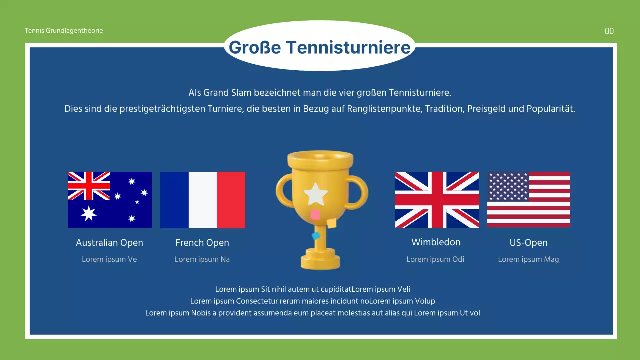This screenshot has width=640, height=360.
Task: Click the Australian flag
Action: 110,199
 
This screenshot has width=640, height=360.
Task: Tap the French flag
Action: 203,200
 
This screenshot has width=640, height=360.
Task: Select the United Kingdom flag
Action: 437,199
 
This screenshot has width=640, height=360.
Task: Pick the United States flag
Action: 529,199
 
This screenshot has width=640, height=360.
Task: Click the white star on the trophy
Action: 316,194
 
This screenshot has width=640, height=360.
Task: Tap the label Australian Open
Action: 110,243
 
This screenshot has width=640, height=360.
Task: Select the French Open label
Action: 202,243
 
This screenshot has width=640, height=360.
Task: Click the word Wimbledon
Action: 436,242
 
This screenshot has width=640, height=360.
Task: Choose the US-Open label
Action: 529,243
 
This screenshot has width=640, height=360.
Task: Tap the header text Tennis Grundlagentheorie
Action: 64,31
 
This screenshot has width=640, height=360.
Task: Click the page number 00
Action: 609,31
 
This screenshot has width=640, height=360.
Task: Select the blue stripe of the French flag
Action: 174,200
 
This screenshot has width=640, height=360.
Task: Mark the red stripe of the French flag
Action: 231,200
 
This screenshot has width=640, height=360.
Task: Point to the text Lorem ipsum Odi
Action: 435,259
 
